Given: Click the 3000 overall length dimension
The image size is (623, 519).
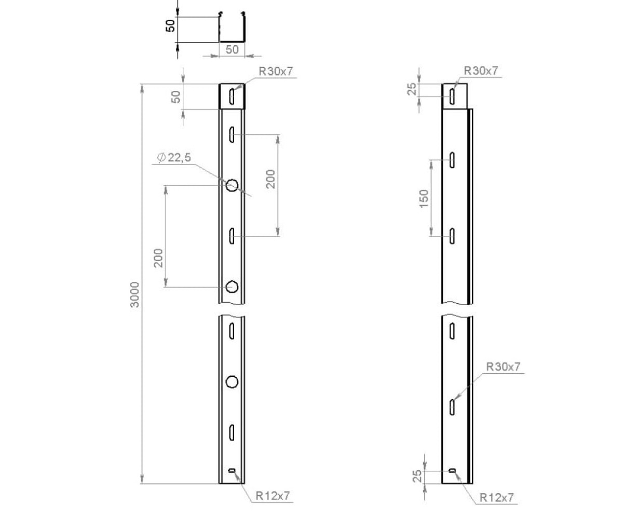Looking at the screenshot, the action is (135, 294).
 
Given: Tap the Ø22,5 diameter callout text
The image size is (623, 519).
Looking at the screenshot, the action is (174, 157).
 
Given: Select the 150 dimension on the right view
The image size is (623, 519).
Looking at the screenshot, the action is (424, 198).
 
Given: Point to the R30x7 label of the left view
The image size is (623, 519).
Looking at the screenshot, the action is (276, 71).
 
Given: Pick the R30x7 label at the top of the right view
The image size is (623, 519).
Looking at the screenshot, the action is (481, 71).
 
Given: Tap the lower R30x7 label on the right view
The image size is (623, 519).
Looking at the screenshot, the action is (504, 366).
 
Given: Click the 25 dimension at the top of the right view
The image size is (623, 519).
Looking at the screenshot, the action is (412, 89).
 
